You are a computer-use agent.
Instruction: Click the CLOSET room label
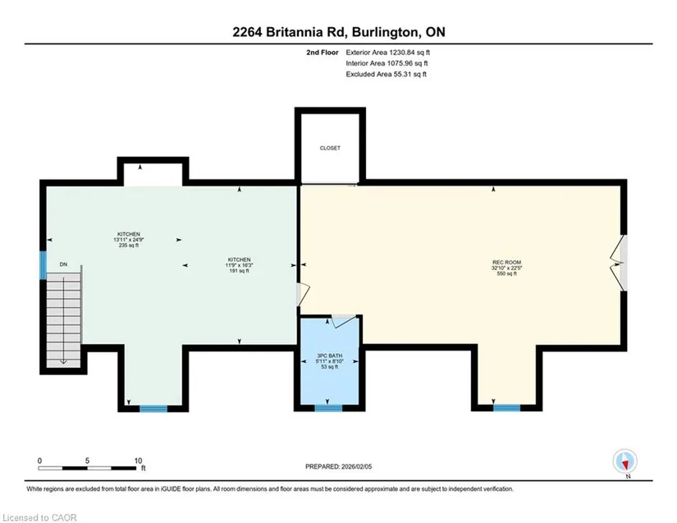coord(330,148)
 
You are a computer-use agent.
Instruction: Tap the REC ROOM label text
coord(506,262)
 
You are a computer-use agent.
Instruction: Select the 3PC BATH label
coord(329,356)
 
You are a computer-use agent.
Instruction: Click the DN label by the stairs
coord(63,264)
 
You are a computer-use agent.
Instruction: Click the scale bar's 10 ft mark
coord(138,461)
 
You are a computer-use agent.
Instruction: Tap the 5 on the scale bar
coord(87,461)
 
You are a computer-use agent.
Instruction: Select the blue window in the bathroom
coord(328,408)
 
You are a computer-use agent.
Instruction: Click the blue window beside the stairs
coord(43,265)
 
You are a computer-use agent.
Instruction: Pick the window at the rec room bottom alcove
coord(507,408)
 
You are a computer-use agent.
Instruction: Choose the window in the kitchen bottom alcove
coord(153,409)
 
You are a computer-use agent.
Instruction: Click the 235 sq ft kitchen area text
coord(129,245)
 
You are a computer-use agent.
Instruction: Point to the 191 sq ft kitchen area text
coord(239,271)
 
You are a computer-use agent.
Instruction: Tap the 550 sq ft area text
coord(506,273)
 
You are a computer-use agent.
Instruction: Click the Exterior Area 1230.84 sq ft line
coord(387,53)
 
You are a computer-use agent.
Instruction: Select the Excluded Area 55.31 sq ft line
coord(386,74)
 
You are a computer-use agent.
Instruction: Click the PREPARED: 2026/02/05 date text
coord(338,466)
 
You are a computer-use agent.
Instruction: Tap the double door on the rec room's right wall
coord(619,263)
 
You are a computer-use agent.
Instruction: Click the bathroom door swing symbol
coord(344,320)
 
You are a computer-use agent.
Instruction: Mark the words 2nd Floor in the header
coord(322,53)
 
